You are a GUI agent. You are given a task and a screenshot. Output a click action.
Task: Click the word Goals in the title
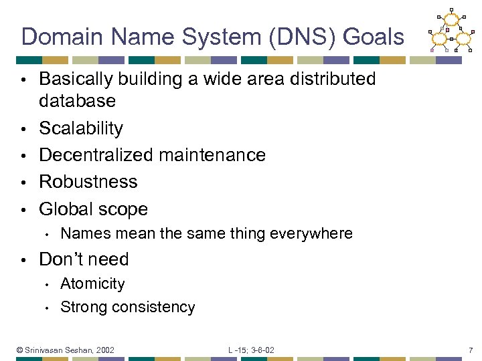pos(374,37)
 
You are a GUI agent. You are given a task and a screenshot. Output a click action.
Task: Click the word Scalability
pos(81,128)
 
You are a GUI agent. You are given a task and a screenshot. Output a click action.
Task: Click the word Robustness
pos(88,182)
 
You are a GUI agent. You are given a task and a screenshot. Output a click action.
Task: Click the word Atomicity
pos(92,283)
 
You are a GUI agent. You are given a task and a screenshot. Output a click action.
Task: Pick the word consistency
pos(155,308)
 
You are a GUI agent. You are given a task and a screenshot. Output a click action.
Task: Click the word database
pos(77,102)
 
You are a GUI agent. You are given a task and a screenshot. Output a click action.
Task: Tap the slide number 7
pos(471,350)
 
